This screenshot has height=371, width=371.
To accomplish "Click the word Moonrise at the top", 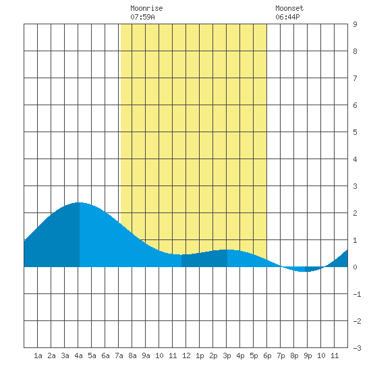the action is click(146, 8).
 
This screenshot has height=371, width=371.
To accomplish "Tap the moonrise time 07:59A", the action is click(142, 17).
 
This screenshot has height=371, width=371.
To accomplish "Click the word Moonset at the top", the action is click(289, 8).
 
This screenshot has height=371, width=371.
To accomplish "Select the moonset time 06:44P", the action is click(287, 17).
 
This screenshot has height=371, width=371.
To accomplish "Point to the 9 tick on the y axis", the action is click(355, 24).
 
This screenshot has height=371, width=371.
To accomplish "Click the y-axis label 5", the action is click(355, 132).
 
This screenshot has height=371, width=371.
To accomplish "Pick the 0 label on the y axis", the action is click(355, 267).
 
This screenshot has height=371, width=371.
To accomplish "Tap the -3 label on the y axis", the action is click(357, 348).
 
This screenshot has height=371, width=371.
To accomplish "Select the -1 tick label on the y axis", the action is click(357, 294).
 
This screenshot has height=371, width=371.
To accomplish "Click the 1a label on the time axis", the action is click(38, 355).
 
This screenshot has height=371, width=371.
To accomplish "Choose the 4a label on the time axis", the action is click(78, 355).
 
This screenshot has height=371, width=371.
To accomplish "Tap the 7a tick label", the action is click(119, 355).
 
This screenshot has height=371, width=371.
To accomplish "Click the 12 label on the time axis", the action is click(186, 355).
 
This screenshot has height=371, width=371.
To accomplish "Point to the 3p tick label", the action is click(227, 355).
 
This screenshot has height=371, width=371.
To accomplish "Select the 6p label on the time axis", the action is click(267, 355).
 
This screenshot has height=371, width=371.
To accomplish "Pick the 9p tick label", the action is click(308, 355).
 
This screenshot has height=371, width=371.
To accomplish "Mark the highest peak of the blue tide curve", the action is click(80, 202).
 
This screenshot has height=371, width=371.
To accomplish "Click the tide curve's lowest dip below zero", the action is click(305, 271).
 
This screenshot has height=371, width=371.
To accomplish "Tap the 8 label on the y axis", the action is click(355, 51).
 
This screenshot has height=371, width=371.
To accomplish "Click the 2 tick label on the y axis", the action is click(355, 213).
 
